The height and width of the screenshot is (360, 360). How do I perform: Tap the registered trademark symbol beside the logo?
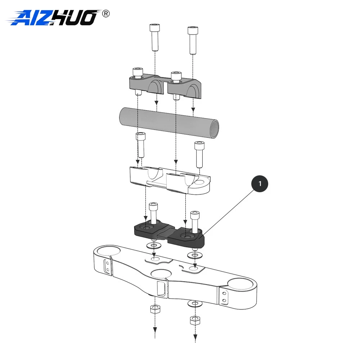[x=105, y=14]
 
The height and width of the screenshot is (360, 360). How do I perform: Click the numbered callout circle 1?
[x=260, y=184]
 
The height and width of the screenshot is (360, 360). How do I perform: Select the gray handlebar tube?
[x=169, y=123]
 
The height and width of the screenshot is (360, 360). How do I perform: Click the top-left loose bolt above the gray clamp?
[x=155, y=37]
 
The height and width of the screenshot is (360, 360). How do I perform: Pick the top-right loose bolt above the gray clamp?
[x=193, y=40]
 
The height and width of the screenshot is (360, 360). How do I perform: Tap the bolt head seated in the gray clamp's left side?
[x=138, y=73]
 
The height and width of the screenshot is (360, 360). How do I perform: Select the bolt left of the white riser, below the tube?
[x=140, y=145]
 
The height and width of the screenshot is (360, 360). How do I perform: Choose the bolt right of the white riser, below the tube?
[x=199, y=154]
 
